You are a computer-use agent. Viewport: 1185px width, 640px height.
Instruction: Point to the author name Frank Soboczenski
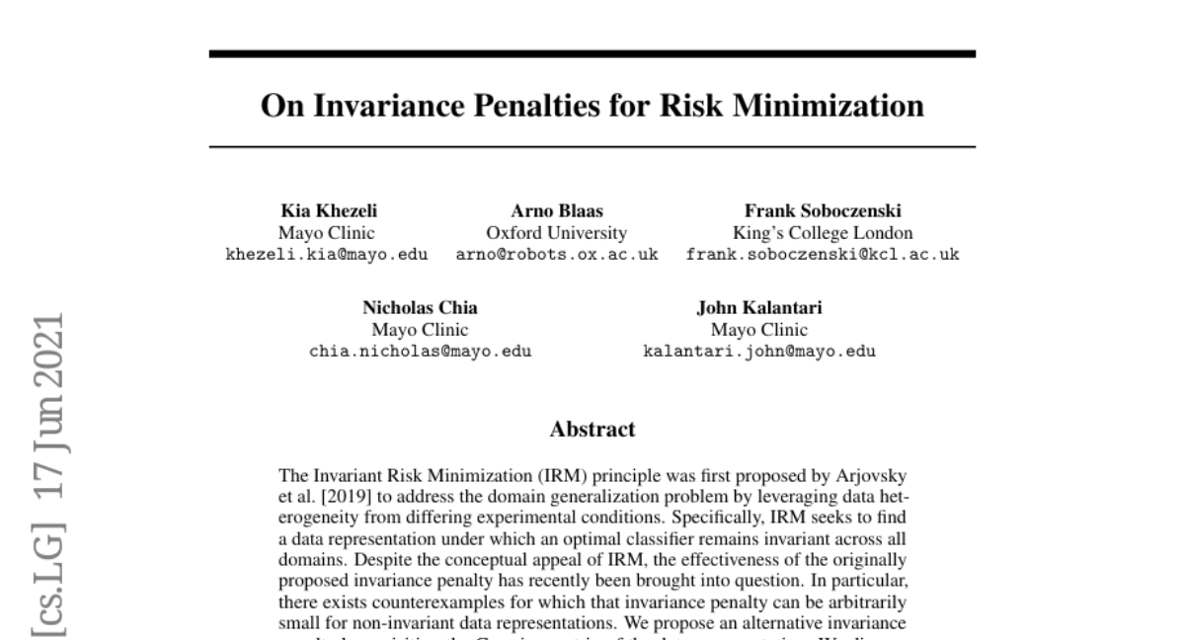pyautogui.click(x=822, y=212)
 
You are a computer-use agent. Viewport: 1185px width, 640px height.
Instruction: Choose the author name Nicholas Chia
pyautogui.click(x=420, y=308)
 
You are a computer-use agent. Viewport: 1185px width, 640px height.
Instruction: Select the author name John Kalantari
pyautogui.click(x=758, y=308)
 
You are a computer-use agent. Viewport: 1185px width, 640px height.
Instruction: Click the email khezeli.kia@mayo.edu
pyautogui.click(x=327, y=255)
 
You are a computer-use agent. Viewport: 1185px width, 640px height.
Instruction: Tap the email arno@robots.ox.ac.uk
pyautogui.click(x=556, y=255)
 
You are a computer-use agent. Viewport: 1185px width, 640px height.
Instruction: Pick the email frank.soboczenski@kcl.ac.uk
pyautogui.click(x=822, y=255)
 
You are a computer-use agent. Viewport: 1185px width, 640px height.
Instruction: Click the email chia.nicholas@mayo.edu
pyautogui.click(x=420, y=351)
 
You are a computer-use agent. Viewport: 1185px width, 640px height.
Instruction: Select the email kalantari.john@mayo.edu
pyautogui.click(x=758, y=351)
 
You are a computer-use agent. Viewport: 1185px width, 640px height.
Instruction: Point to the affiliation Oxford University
pyautogui.click(x=556, y=233)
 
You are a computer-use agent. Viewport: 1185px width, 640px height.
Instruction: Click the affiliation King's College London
pyautogui.click(x=822, y=233)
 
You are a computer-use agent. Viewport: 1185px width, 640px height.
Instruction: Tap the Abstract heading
pyautogui.click(x=592, y=430)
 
